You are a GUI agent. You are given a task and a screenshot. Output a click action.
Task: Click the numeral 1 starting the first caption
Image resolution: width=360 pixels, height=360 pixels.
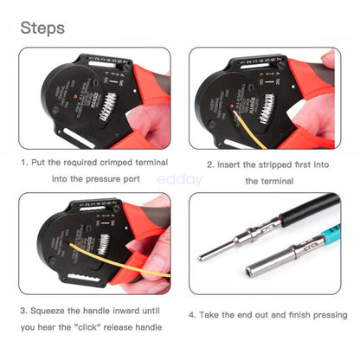22,162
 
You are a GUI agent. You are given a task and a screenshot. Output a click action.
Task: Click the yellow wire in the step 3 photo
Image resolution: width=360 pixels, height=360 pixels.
112,260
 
